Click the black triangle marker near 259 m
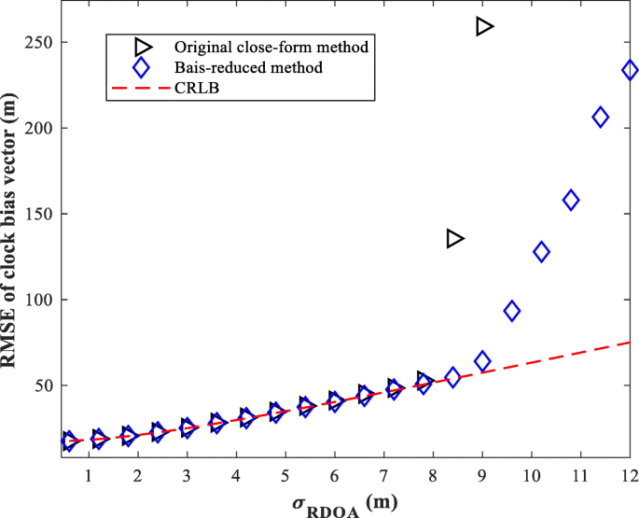pos(483,26)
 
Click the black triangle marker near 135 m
pos(454,238)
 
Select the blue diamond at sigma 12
pos(630,70)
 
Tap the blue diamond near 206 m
pos(600,117)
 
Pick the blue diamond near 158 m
pos(571,200)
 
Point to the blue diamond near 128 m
pos(541,251)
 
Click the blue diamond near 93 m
pos(511,311)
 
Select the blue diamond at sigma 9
pos(482,361)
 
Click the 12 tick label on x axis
pos(630,475)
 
